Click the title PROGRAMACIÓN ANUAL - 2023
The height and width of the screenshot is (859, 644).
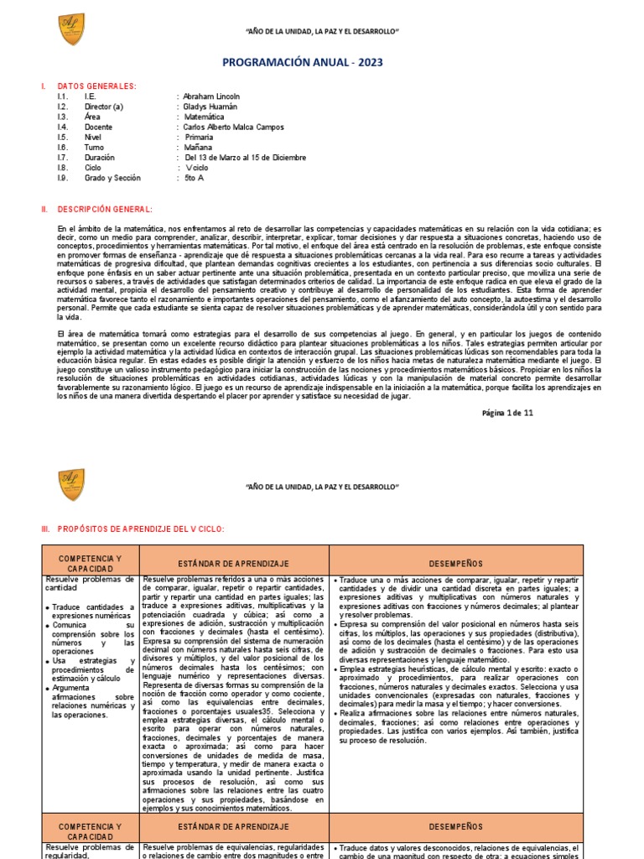coord(321,62)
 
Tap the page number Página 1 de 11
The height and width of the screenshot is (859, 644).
coord(506,414)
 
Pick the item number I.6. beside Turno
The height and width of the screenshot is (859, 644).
coord(63,148)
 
